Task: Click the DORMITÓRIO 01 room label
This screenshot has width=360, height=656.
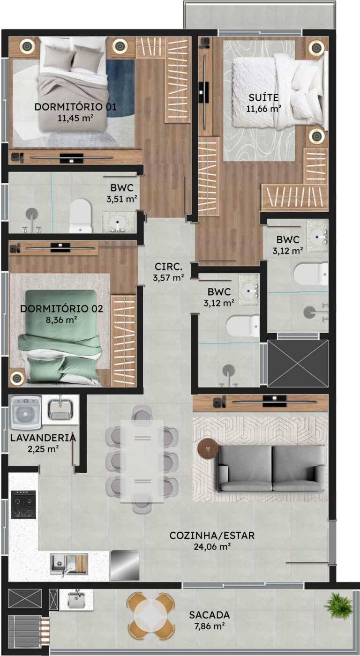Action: click(x=75, y=107)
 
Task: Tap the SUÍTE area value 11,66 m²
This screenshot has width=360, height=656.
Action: click(x=263, y=109)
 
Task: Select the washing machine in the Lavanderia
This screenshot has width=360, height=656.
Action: click(x=25, y=413)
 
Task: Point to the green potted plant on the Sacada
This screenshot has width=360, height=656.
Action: click(x=338, y=605)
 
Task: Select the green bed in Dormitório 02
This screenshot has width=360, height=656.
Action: click(x=60, y=337)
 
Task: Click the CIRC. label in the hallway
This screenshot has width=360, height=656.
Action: click(x=168, y=267)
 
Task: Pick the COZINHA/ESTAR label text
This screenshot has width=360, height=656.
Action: click(x=212, y=536)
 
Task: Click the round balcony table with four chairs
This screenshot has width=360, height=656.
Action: click(x=151, y=615)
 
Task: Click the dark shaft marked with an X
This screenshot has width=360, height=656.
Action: click(x=298, y=364)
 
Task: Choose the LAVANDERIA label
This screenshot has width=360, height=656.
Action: click(x=43, y=438)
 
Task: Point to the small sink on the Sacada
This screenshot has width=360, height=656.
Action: click(x=76, y=598)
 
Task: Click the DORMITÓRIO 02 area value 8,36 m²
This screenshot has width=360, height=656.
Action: click(x=61, y=320)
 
